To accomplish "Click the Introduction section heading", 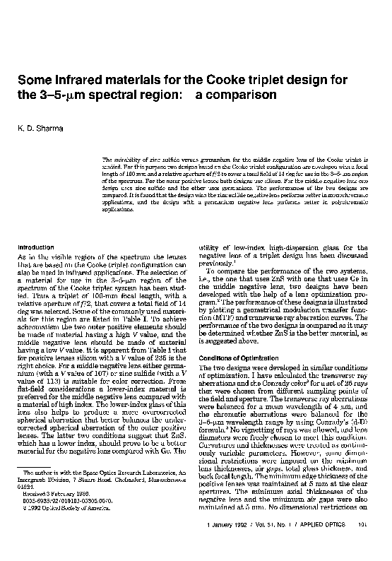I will (36, 247).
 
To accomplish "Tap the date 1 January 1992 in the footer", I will (229, 543).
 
